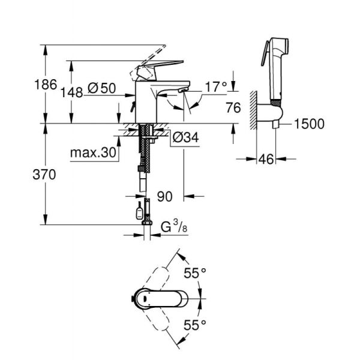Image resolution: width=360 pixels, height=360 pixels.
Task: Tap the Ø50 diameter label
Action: click(101, 88)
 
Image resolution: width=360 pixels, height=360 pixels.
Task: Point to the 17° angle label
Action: click(217, 88)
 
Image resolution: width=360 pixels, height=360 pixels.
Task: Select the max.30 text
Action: click(92, 153)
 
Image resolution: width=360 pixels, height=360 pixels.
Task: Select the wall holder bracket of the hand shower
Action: click(268, 114)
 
